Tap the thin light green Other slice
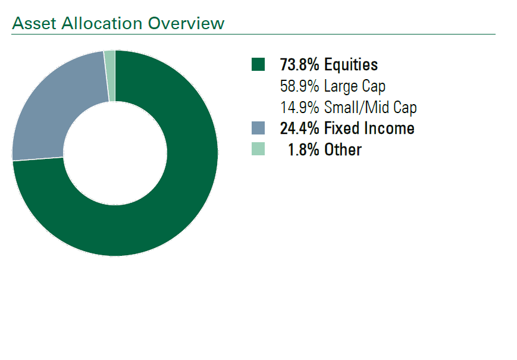[x=110, y=76]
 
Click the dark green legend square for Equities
[x=258, y=64]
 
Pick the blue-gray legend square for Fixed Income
[x=258, y=128]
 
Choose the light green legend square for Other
[x=258, y=149]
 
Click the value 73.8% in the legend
[x=300, y=64]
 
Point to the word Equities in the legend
[x=351, y=65]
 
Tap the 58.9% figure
[x=300, y=86]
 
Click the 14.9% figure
[x=300, y=108]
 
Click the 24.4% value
[x=300, y=129]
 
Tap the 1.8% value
[x=303, y=150]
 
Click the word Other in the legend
[x=343, y=150]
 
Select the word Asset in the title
[x=34, y=23]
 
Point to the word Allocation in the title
[x=102, y=23]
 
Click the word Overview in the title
[x=186, y=23]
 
